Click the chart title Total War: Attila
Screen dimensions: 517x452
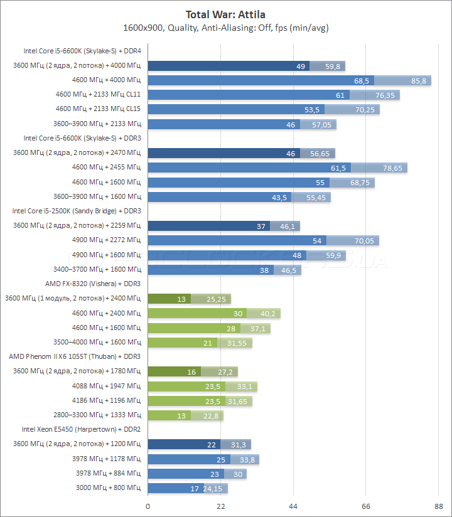click(x=226, y=14)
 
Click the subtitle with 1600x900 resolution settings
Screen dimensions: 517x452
click(x=226, y=28)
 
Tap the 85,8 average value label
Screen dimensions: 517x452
click(x=419, y=80)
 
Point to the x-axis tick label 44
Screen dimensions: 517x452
click(x=293, y=506)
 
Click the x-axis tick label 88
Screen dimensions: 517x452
click(x=438, y=506)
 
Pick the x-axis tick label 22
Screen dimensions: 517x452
click(x=220, y=506)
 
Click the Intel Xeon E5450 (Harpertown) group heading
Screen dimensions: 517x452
click(x=81, y=429)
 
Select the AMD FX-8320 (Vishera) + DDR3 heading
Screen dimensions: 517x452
click(x=93, y=284)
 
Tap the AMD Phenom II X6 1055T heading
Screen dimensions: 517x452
click(x=75, y=356)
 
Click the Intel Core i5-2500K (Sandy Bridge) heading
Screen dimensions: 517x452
click(x=76, y=211)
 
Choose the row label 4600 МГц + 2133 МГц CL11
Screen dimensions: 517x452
click(x=98, y=95)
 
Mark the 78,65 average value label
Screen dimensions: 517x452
click(x=394, y=168)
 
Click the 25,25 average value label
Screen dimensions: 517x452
click(x=217, y=299)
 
